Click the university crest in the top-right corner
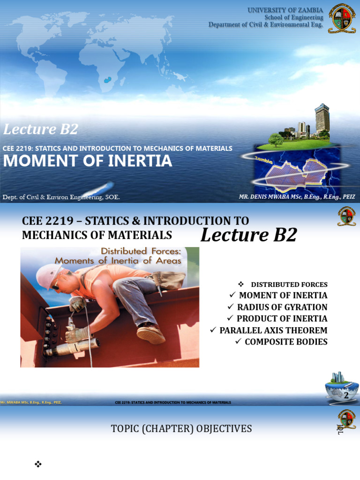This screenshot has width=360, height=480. click(x=342, y=18)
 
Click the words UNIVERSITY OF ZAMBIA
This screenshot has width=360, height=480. click(x=285, y=10)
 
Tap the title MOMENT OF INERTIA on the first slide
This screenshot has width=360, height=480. click(x=88, y=161)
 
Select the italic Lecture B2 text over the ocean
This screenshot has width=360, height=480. click(x=41, y=129)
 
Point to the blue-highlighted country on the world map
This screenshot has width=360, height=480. click(x=107, y=80)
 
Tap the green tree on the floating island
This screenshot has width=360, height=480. click(x=276, y=139)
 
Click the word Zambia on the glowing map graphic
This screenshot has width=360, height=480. click(x=263, y=159)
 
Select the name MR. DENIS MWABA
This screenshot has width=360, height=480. click(x=265, y=197)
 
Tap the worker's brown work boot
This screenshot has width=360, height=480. click(x=150, y=334)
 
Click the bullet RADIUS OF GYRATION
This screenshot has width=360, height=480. click(x=282, y=307)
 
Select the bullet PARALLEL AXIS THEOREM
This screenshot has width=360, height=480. click(x=273, y=330)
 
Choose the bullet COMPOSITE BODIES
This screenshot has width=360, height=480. click(x=286, y=342)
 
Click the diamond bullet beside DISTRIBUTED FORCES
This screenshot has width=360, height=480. click(x=241, y=284)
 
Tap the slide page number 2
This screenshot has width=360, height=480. click(x=346, y=395)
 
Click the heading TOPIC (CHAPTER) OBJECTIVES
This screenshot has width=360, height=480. click(x=181, y=428)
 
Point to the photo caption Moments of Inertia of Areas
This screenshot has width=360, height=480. click(x=118, y=261)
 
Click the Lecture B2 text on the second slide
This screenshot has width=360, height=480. click(x=249, y=235)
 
